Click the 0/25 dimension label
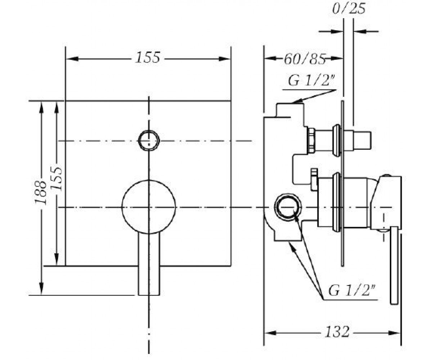(x=349, y=9)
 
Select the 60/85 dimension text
(x=305, y=59)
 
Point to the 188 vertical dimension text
(x=40, y=193)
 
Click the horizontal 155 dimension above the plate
(x=148, y=57)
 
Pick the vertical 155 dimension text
(x=56, y=178)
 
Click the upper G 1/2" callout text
(x=311, y=80)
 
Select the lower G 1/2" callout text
(x=352, y=290)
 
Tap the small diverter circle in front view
(x=149, y=140)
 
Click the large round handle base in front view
(x=149, y=207)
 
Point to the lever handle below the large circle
(x=149, y=264)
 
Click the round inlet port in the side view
(x=288, y=207)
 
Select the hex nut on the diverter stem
(x=311, y=141)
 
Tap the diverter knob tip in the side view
(x=362, y=140)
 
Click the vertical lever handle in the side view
(x=394, y=266)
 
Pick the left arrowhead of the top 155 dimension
(x=72, y=59)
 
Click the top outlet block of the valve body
(x=290, y=110)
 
